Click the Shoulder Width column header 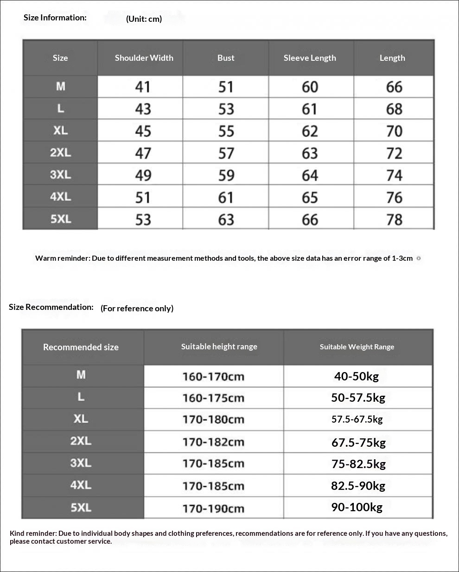144,58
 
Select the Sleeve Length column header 310,58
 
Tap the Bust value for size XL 226,131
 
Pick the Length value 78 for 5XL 394,219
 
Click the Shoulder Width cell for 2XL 143,154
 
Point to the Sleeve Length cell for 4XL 310,198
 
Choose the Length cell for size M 394,87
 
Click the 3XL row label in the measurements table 60,175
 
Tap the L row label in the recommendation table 81,397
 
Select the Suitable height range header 219,347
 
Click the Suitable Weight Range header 357,347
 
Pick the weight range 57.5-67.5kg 357,419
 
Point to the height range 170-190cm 213,508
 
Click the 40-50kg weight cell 357,376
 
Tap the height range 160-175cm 213,398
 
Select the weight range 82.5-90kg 358,486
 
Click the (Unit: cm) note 144,19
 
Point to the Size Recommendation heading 51,307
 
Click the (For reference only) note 137,308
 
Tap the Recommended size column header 81,347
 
